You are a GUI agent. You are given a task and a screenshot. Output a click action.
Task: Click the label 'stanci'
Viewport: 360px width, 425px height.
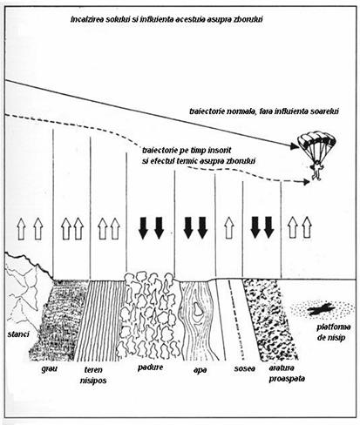(18, 334)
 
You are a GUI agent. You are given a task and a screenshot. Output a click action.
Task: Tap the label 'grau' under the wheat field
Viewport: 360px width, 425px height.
(49, 369)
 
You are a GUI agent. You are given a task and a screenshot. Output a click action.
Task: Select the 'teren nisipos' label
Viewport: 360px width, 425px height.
(93, 374)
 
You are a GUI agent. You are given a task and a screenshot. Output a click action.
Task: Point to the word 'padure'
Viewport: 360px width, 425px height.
(150, 368)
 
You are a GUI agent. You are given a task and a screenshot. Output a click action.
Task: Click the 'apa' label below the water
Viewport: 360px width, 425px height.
(200, 370)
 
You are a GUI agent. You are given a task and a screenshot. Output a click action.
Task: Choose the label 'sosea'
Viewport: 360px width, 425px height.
(245, 368)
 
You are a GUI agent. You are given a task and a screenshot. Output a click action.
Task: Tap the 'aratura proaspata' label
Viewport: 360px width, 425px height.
(287, 374)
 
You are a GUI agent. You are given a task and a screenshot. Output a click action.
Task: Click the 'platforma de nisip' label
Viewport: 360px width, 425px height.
(333, 332)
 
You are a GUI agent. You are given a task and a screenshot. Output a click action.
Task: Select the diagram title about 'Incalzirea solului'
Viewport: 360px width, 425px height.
(167, 20)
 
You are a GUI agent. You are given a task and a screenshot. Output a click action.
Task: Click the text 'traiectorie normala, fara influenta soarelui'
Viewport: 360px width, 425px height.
(264, 111)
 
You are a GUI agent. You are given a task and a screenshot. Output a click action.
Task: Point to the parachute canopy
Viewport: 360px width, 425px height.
(316, 142)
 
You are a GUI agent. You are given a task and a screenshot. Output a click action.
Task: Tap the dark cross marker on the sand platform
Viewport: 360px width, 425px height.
(322, 309)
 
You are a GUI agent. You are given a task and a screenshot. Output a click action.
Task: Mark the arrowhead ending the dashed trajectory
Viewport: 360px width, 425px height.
(307, 182)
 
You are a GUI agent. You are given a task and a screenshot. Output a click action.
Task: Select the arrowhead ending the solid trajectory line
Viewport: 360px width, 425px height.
(295, 146)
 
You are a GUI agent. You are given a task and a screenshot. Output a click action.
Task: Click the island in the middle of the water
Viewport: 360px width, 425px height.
(199, 310)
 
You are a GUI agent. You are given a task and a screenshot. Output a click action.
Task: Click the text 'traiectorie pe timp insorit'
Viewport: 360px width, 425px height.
(187, 151)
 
